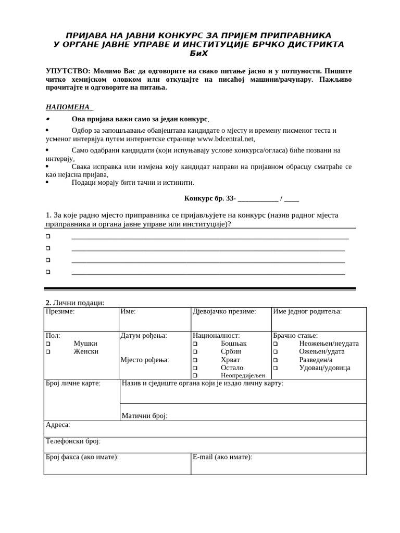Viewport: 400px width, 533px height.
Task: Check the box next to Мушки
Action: click(x=48, y=344)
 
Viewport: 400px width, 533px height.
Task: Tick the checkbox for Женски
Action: click(x=48, y=352)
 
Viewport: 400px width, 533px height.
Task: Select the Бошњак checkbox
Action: click(x=195, y=344)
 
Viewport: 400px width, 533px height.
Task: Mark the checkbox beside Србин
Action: click(x=195, y=352)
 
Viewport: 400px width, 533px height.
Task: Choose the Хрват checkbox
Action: click(x=195, y=360)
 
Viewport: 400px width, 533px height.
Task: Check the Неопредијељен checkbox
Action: click(x=195, y=375)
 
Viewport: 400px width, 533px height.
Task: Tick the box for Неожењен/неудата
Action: click(x=276, y=344)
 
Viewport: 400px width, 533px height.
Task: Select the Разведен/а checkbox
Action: click(x=276, y=360)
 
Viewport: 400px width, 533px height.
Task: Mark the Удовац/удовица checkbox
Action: click(x=276, y=368)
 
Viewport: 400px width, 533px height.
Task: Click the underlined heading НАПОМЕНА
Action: click(x=69, y=107)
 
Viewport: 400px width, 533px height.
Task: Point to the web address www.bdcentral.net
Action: click(x=226, y=139)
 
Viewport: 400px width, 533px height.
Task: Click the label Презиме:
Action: click(x=60, y=311)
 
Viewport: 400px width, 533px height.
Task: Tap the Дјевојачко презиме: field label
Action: click(x=224, y=311)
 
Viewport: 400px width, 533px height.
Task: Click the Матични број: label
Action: click(x=144, y=416)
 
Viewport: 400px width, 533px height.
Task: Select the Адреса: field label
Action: click(x=58, y=425)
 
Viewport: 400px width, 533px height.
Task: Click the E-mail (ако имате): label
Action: click(x=222, y=457)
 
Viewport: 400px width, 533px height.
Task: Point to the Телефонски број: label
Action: click(x=73, y=441)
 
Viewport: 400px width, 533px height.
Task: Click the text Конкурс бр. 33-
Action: click(x=209, y=198)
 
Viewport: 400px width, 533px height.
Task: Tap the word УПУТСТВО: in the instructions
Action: click(x=68, y=70)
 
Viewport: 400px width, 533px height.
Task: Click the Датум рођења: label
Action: click(x=144, y=336)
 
